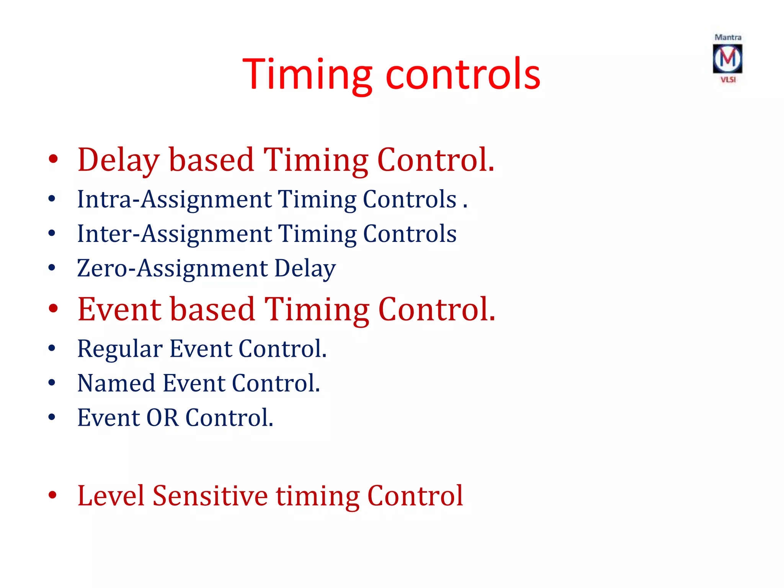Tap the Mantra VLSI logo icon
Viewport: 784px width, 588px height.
tap(727, 59)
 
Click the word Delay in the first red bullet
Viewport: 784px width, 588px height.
tap(118, 160)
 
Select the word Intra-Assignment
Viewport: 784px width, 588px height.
tap(174, 199)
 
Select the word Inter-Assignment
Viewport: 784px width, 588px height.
tap(174, 234)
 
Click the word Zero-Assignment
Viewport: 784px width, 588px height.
tap(173, 268)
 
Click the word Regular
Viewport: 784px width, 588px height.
tap(120, 349)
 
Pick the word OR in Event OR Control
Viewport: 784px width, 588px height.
tap(162, 418)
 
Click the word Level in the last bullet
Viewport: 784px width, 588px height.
tap(111, 496)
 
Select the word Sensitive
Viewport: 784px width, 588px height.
tap(210, 496)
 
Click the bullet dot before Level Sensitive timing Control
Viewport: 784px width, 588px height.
tap(52, 495)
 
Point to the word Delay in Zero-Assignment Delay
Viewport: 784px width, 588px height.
tap(305, 268)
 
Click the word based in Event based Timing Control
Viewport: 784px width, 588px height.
tap(212, 309)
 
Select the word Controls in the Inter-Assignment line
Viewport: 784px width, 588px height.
tap(410, 234)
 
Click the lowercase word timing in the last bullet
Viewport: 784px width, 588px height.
tap(318, 496)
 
